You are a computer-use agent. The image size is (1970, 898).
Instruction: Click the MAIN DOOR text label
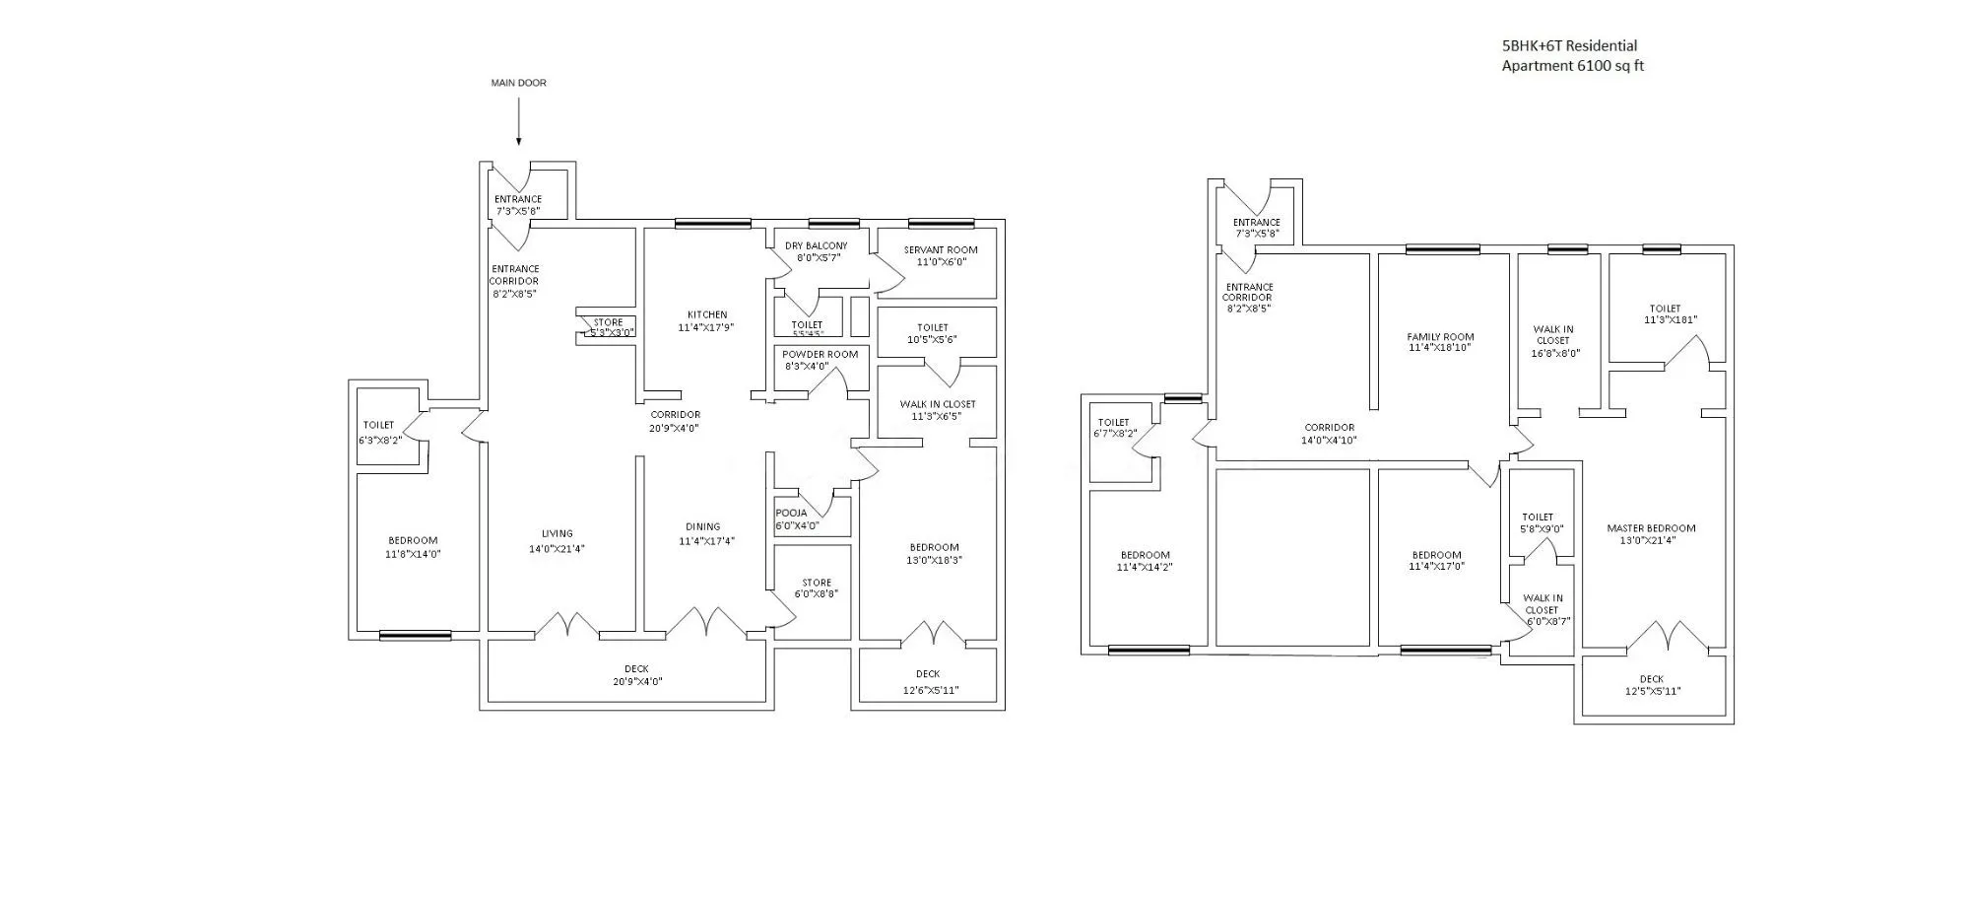518,83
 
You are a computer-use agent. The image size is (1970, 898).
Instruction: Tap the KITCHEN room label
707,315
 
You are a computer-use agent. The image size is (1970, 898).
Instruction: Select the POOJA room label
791,513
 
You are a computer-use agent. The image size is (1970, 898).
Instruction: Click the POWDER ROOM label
820,354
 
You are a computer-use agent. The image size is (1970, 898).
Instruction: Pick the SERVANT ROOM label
941,250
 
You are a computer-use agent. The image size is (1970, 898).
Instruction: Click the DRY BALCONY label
816,245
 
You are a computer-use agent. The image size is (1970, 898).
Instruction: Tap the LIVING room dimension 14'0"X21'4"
557,549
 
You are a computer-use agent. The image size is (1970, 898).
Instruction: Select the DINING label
703,526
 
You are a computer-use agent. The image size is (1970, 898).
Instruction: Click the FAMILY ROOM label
1440,337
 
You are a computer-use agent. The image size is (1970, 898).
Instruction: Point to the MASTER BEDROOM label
1651,528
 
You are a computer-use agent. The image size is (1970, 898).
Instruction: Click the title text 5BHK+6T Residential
1569,45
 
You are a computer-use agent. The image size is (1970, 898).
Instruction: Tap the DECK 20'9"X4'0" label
636,675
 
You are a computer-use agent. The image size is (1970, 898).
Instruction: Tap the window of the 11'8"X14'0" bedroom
415,636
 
